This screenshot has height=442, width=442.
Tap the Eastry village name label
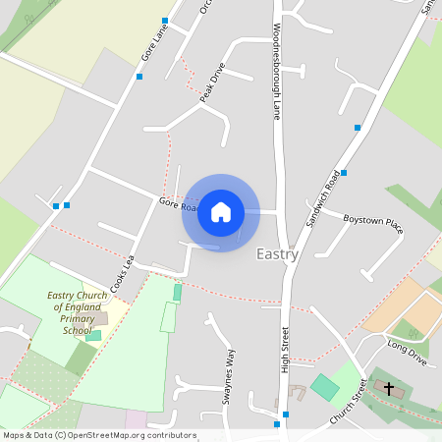[x=277, y=254]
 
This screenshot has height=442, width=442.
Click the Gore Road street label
[x=179, y=205]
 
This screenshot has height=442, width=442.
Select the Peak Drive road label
[x=212, y=83]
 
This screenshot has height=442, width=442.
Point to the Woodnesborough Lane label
[x=277, y=71]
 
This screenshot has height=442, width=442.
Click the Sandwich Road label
[x=323, y=197]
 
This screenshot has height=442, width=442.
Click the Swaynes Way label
[x=228, y=376]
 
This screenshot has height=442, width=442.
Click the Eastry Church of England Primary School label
[x=77, y=312]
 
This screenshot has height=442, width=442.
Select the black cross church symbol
[x=388, y=389]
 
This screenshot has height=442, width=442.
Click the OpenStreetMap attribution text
[x=98, y=434]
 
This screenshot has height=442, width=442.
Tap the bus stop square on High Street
[x=278, y=424]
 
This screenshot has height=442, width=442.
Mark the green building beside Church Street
[x=324, y=387]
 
